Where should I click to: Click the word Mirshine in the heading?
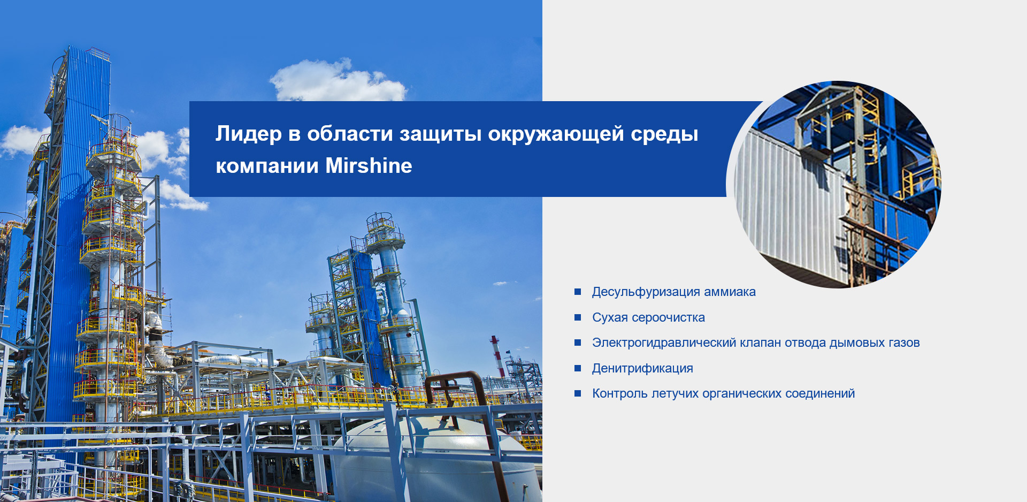tap(369, 166)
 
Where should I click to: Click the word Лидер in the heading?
tap(249, 134)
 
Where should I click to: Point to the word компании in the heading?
tap(267, 166)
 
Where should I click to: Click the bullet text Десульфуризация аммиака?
tap(674, 292)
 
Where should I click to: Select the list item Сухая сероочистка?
tap(648, 317)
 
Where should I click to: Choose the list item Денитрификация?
tap(642, 368)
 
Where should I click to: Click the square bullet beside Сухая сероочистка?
tap(578, 317)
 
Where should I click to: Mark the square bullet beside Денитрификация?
tap(578, 368)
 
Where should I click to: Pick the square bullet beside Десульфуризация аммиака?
tap(578, 292)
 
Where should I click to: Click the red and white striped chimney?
tap(497, 356)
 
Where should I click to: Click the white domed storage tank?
tap(433, 458)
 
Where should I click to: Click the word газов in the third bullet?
tap(904, 343)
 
